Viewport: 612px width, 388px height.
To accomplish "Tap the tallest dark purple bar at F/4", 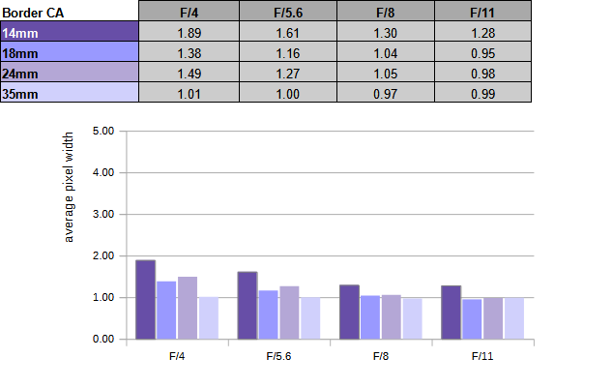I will coord(145,300).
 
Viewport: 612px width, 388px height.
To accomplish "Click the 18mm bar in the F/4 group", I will coord(166,311).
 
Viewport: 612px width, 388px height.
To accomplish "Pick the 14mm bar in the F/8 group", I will coord(350,312).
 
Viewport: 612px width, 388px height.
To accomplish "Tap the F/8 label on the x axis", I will coord(381,356).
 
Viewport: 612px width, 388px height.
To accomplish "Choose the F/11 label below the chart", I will coord(483,356).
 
